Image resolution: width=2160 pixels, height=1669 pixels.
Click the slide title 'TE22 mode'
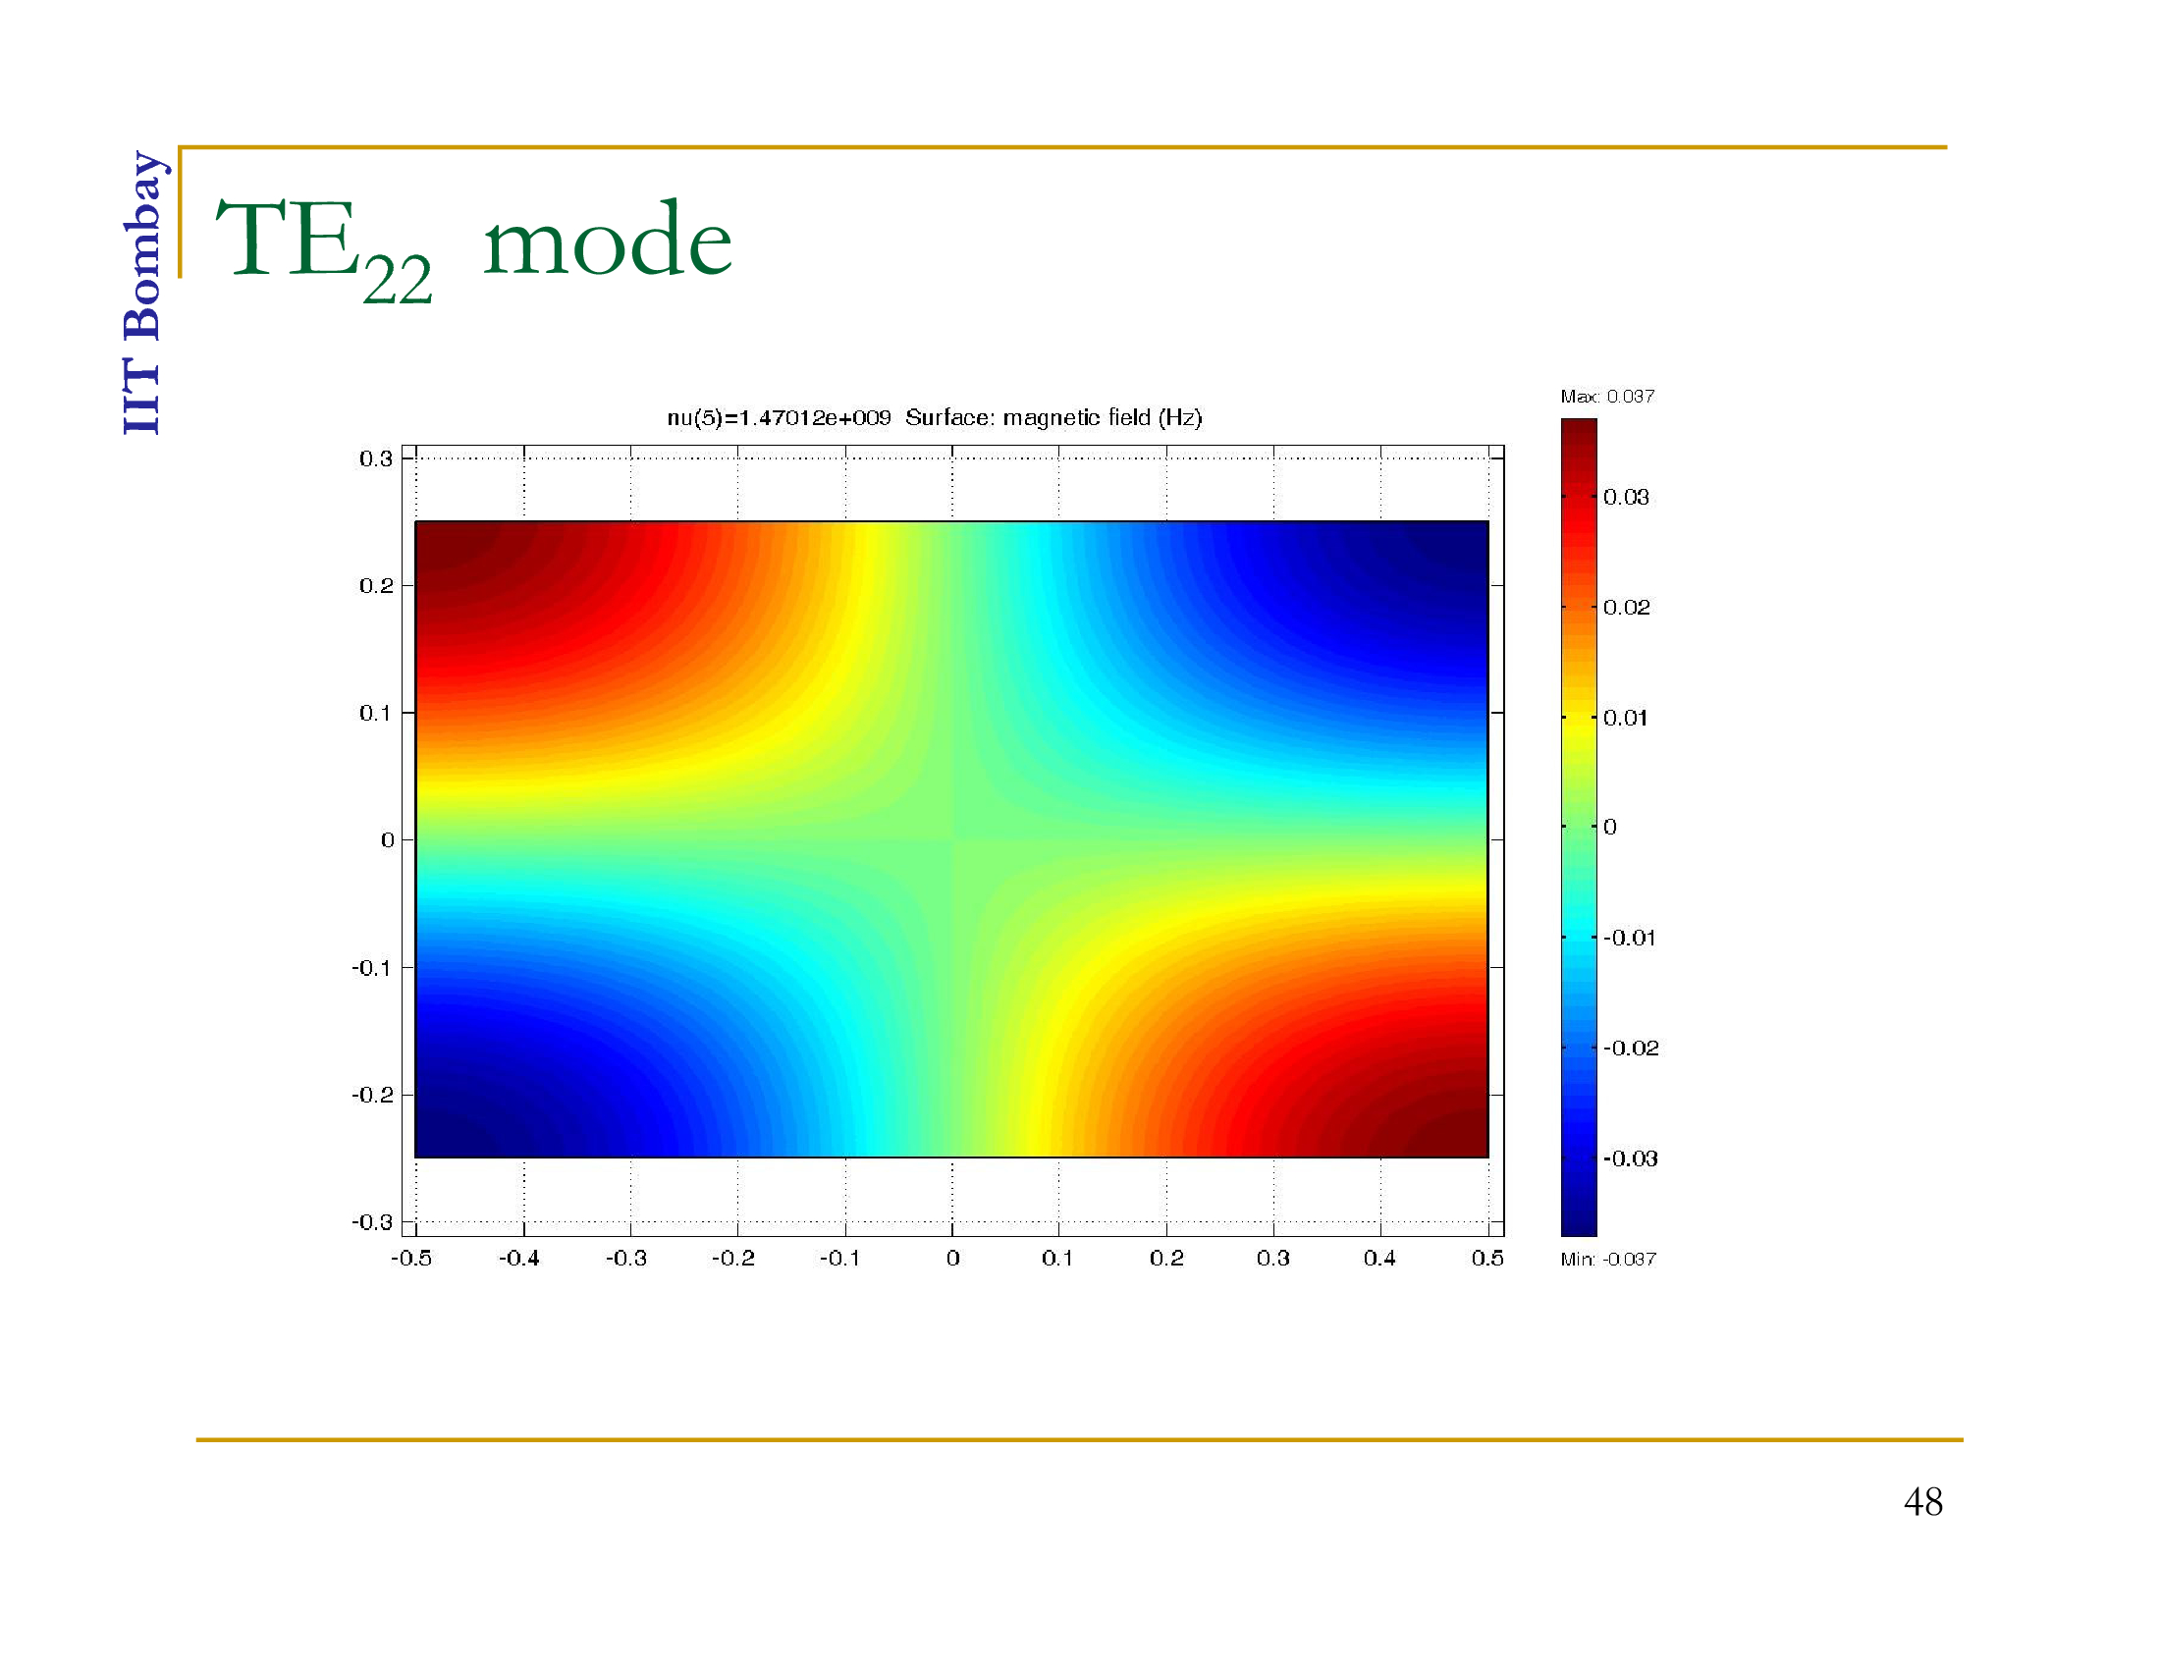point(474,248)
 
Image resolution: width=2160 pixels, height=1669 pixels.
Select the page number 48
point(1922,1502)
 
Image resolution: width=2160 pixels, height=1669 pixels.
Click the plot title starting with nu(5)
point(934,417)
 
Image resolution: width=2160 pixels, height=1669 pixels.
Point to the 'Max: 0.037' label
point(1607,397)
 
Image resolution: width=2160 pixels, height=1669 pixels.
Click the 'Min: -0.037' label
point(1608,1259)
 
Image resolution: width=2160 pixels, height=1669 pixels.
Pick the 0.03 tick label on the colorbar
point(1626,497)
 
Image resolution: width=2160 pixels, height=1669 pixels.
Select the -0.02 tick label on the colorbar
point(1631,1048)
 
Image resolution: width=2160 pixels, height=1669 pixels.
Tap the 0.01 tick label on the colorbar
point(1626,718)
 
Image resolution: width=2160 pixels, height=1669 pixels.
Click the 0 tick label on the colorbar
point(1610,827)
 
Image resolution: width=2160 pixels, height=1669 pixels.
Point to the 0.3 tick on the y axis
point(376,458)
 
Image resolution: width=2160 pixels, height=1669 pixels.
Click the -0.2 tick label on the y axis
point(372,1095)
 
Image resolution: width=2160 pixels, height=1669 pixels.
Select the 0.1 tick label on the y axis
point(376,713)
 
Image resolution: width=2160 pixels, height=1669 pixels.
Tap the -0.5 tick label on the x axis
point(411,1258)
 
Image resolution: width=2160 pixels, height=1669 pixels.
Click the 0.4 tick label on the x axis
point(1379,1258)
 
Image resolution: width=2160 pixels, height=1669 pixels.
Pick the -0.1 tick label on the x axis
point(839,1258)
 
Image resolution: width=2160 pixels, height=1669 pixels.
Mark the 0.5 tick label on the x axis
point(1487,1258)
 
